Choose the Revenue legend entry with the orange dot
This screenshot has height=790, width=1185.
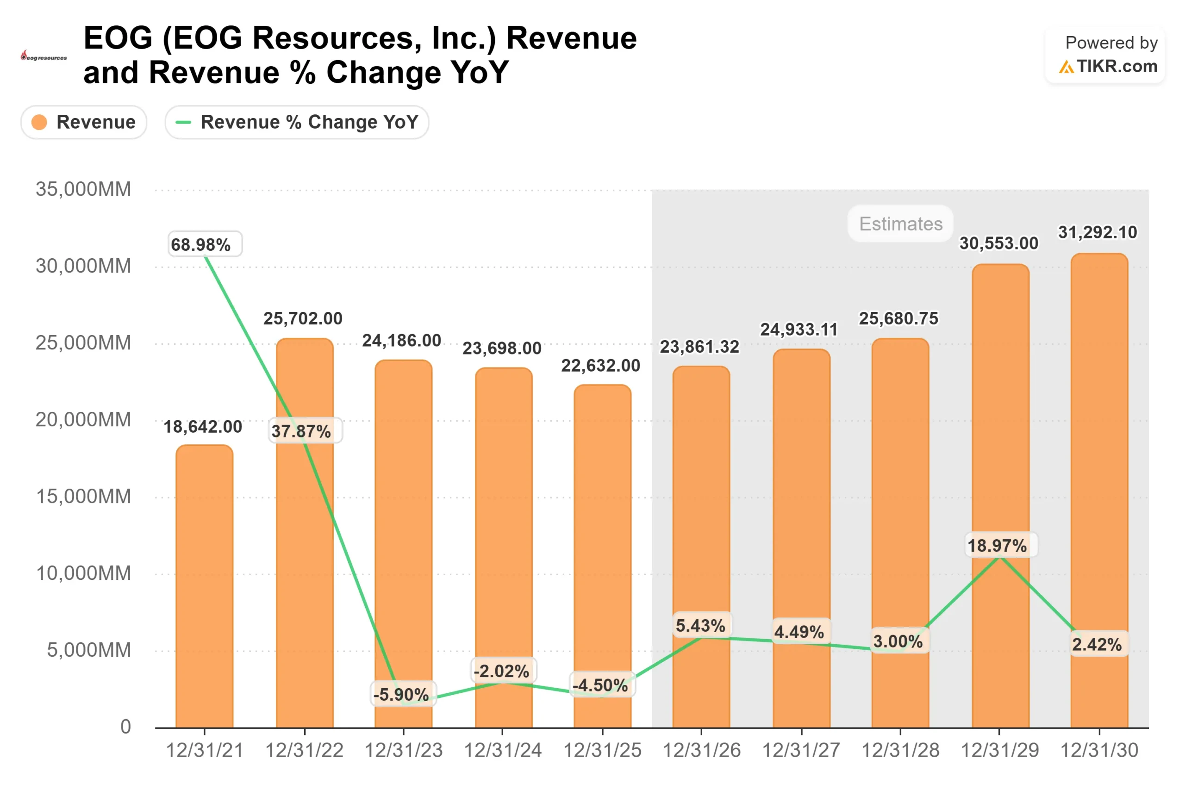tap(84, 122)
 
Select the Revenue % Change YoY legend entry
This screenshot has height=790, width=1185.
tap(297, 122)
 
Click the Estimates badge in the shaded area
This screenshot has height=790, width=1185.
tap(900, 224)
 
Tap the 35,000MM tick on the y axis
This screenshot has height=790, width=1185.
tap(83, 189)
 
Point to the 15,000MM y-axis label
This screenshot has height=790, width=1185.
tap(83, 497)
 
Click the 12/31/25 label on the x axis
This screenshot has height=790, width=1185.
tap(602, 750)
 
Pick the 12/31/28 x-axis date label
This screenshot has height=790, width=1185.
tap(900, 750)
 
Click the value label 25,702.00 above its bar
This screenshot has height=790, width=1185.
tap(303, 318)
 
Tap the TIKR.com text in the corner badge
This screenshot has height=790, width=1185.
tap(1116, 67)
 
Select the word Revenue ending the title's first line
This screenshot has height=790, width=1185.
tap(571, 38)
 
